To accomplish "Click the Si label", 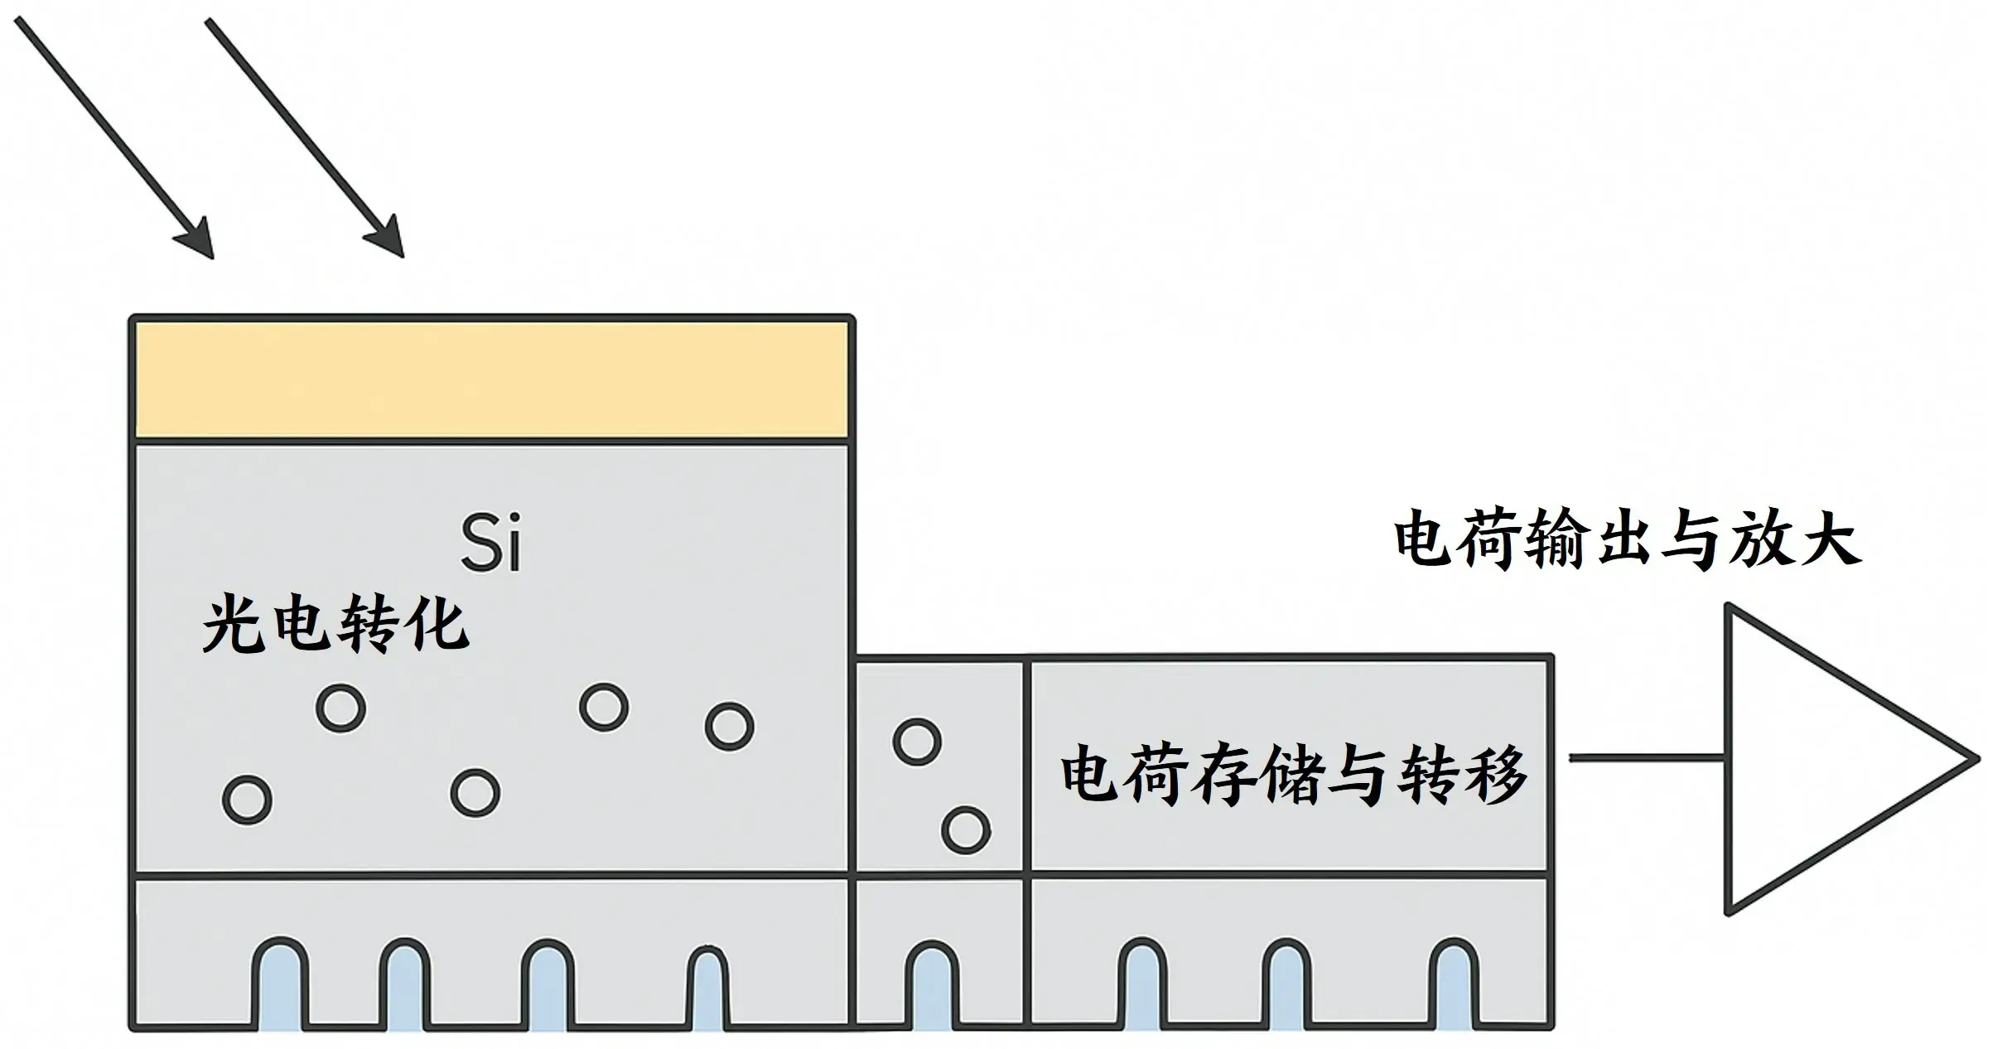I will coord(491,544).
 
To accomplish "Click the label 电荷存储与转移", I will coord(1293,776).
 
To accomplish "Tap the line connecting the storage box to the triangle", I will coord(1647,757).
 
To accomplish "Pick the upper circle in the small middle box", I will coord(917,741).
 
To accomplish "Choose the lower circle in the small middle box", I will coord(966,829).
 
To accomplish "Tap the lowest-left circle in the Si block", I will coord(247,800).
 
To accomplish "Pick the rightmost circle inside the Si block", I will coord(729,727).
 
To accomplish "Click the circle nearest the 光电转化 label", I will coord(341,708).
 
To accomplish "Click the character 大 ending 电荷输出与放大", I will coord(1831,541).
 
